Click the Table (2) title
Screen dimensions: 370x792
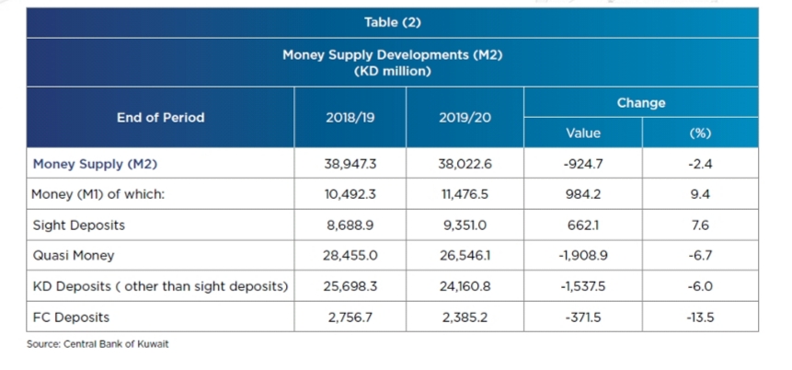pyautogui.click(x=392, y=22)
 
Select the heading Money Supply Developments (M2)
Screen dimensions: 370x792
pyautogui.click(x=392, y=56)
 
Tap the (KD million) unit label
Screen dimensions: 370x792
pyautogui.click(x=392, y=71)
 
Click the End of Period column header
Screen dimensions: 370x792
pyautogui.click(x=160, y=117)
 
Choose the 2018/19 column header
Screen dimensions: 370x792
pyautogui.click(x=351, y=117)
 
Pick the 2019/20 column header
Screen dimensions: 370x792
pyautogui.click(x=465, y=117)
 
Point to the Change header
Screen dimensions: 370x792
pyautogui.click(x=641, y=103)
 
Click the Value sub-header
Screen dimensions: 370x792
pyautogui.click(x=583, y=133)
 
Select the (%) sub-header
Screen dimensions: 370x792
pyautogui.click(x=700, y=133)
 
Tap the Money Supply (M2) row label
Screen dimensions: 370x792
pyautogui.click(x=90, y=164)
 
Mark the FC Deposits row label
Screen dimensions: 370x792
pyautogui.click(x=70, y=317)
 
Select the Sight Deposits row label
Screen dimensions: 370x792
pyautogui.click(x=78, y=225)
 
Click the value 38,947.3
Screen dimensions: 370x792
pyautogui.click(x=351, y=164)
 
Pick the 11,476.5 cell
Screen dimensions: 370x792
pyautogui.click(x=465, y=194)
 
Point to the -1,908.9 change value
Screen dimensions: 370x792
pyautogui.click(x=583, y=256)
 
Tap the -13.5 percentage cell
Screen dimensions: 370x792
pyautogui.click(x=700, y=317)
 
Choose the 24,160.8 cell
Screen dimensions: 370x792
pyautogui.click(x=465, y=286)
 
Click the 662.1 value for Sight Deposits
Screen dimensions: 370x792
pyautogui.click(x=583, y=225)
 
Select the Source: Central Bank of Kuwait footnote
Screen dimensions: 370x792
pyautogui.click(x=98, y=343)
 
